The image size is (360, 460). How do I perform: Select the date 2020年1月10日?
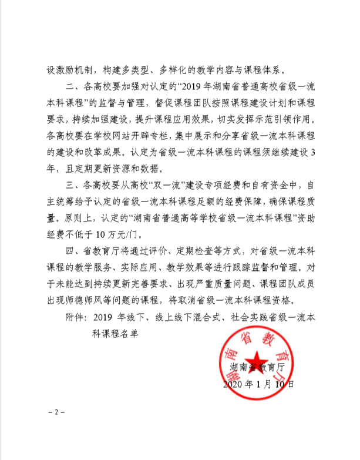coord(259,385)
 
